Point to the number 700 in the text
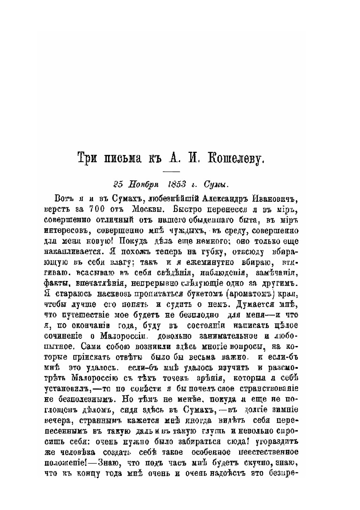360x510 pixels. coord(96,210)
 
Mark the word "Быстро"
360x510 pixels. coord(178,210)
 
